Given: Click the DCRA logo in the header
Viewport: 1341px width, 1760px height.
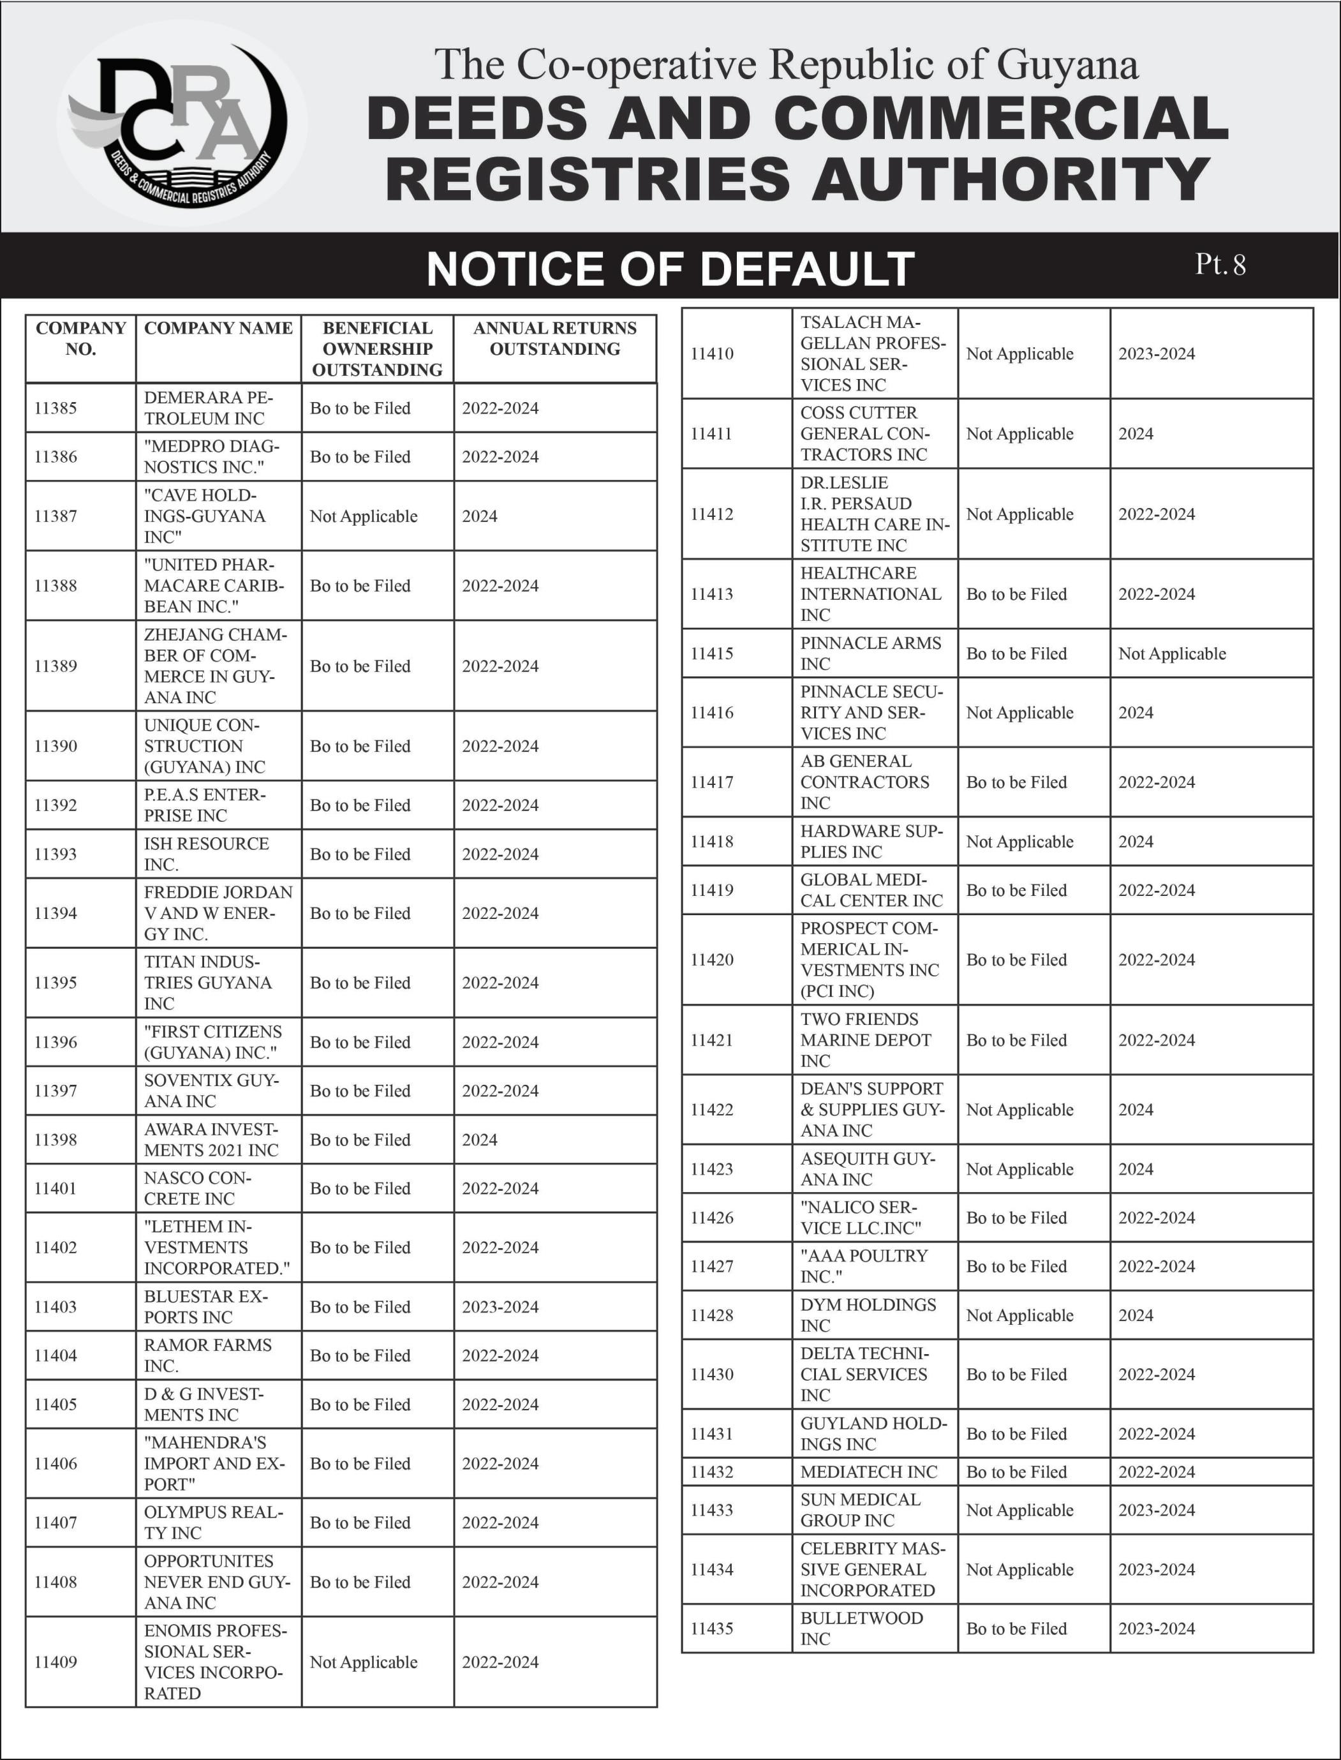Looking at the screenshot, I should (182, 131).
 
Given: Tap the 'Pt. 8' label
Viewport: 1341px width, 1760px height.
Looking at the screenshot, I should (1220, 264).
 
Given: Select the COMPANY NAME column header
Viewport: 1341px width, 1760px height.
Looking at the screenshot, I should (218, 328).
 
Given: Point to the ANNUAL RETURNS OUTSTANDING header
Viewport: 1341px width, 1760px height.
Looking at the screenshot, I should (555, 339).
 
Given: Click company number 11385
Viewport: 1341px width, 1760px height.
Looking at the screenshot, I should (56, 408).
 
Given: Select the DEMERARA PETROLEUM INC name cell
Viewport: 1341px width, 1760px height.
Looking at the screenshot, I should (209, 408).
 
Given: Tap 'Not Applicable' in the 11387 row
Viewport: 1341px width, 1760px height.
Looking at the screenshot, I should (363, 516).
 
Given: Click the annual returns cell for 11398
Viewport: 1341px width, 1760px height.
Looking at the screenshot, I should (480, 1140).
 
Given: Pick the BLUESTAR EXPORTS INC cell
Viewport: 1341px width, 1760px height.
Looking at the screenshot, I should (206, 1306).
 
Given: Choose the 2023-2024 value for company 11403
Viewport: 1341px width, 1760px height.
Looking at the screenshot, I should (500, 1306).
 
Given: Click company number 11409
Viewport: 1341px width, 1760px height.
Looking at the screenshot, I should (56, 1662).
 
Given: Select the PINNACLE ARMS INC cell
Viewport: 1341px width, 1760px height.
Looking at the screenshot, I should (870, 653).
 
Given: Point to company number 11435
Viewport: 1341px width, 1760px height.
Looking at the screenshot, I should (711, 1629).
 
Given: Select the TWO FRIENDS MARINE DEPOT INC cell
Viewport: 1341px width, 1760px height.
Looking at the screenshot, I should (865, 1040).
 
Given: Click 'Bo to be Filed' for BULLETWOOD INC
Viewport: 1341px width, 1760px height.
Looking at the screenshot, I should (1016, 1629).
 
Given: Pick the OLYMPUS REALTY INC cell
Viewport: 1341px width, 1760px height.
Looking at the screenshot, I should (213, 1522).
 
